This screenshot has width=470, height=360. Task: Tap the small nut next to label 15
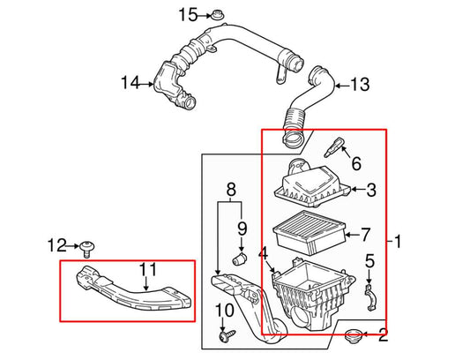pos(217,15)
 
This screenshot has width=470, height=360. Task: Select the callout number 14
pos(131,83)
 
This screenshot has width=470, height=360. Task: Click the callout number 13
pos(359,85)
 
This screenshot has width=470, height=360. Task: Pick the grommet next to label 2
pos(356,335)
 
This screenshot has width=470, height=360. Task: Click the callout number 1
pos(397,241)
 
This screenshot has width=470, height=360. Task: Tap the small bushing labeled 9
pos(236,260)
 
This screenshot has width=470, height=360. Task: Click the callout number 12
pos(56,244)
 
